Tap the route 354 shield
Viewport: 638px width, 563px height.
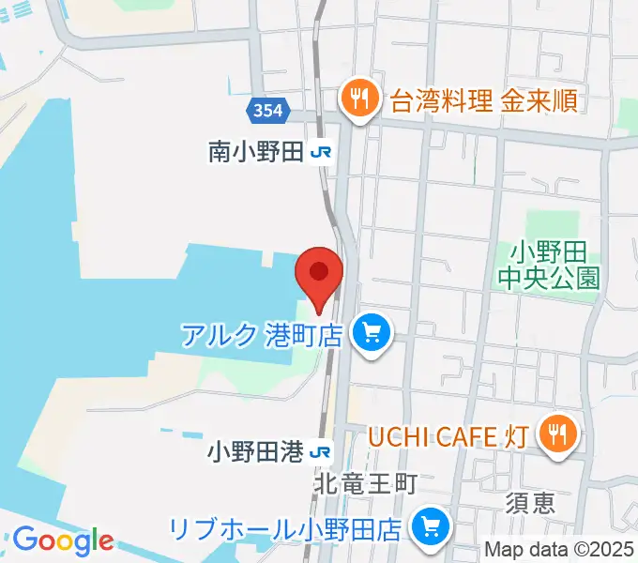266,111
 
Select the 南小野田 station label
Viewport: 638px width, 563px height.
255,151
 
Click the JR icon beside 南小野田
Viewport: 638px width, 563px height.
320,152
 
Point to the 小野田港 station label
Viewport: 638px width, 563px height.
255,452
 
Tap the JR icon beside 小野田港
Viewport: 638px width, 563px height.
320,452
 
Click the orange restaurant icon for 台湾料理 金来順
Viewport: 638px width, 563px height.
358,97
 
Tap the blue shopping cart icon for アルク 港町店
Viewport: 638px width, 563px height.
371,333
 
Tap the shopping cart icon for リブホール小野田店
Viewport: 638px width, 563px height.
432,526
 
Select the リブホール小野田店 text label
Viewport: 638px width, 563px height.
286,527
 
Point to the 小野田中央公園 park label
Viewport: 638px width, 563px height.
549,265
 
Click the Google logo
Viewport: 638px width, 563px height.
63,540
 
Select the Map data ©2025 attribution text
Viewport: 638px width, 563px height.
559,550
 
